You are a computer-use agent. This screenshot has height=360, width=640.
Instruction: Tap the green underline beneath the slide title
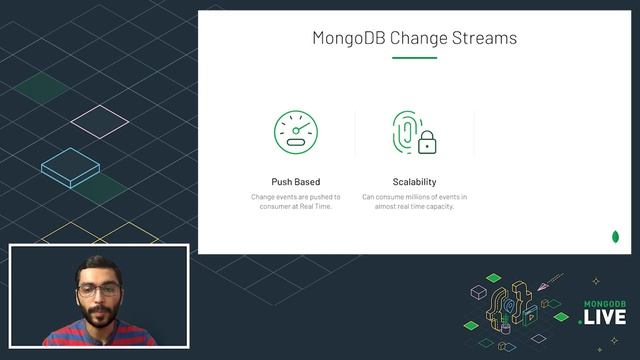coord(414,58)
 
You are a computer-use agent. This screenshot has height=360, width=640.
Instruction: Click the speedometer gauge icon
coord(295,132)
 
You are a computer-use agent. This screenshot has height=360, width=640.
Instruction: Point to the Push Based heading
coord(295,182)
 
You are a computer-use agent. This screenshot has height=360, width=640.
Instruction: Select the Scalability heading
coord(414,182)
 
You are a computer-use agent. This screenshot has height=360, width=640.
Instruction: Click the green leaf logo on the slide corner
coord(615,237)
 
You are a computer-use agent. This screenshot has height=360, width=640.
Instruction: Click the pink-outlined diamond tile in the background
coord(100,120)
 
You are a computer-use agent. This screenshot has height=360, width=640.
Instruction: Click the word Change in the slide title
coord(421,40)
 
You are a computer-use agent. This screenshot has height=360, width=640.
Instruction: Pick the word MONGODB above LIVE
coord(603,301)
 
